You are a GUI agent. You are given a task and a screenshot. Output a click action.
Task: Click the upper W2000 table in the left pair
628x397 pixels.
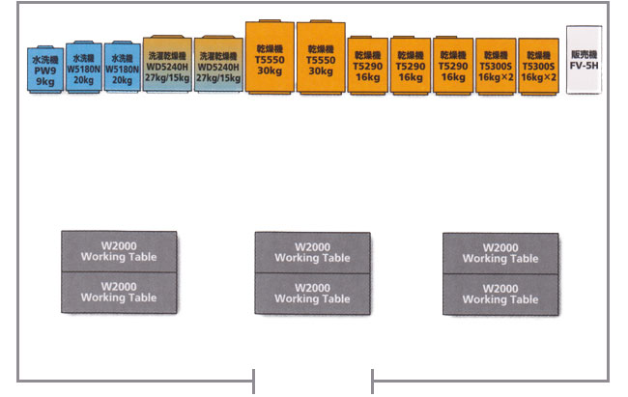(119, 251)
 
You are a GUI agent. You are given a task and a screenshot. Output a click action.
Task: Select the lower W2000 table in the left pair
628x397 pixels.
(119, 292)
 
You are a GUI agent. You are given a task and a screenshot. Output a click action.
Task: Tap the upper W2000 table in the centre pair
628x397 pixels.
(312, 252)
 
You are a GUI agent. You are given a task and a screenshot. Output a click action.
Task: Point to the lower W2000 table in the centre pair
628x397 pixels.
(312, 293)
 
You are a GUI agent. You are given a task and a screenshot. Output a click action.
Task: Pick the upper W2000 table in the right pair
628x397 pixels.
(500, 252)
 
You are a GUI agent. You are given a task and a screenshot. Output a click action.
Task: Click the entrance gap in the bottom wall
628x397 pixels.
(312, 379)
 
